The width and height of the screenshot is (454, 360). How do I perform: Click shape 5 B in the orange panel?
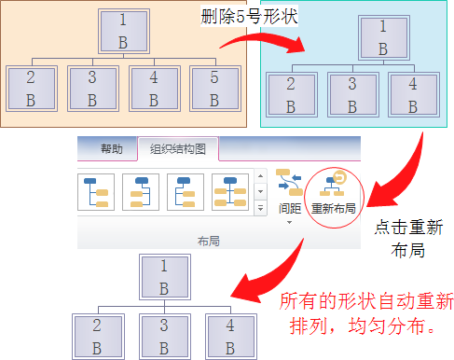pyautogui.click(x=213, y=87)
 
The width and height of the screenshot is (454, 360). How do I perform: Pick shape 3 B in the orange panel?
pyautogui.click(x=92, y=87)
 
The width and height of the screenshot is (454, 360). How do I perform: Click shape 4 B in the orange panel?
pyautogui.click(x=153, y=87)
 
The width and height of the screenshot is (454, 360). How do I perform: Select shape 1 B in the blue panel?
pyautogui.click(x=383, y=38)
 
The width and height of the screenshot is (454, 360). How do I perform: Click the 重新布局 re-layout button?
pyautogui.click(x=333, y=195)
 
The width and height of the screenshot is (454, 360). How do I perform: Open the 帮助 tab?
pyautogui.click(x=111, y=149)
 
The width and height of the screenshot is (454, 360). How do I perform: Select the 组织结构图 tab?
pyautogui.click(x=178, y=149)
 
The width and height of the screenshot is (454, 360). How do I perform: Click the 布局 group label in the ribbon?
pyautogui.click(x=208, y=241)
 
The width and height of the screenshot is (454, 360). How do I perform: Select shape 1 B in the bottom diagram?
pyautogui.click(x=164, y=274)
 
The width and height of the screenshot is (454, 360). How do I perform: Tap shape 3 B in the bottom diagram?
pyautogui.click(x=164, y=337)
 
